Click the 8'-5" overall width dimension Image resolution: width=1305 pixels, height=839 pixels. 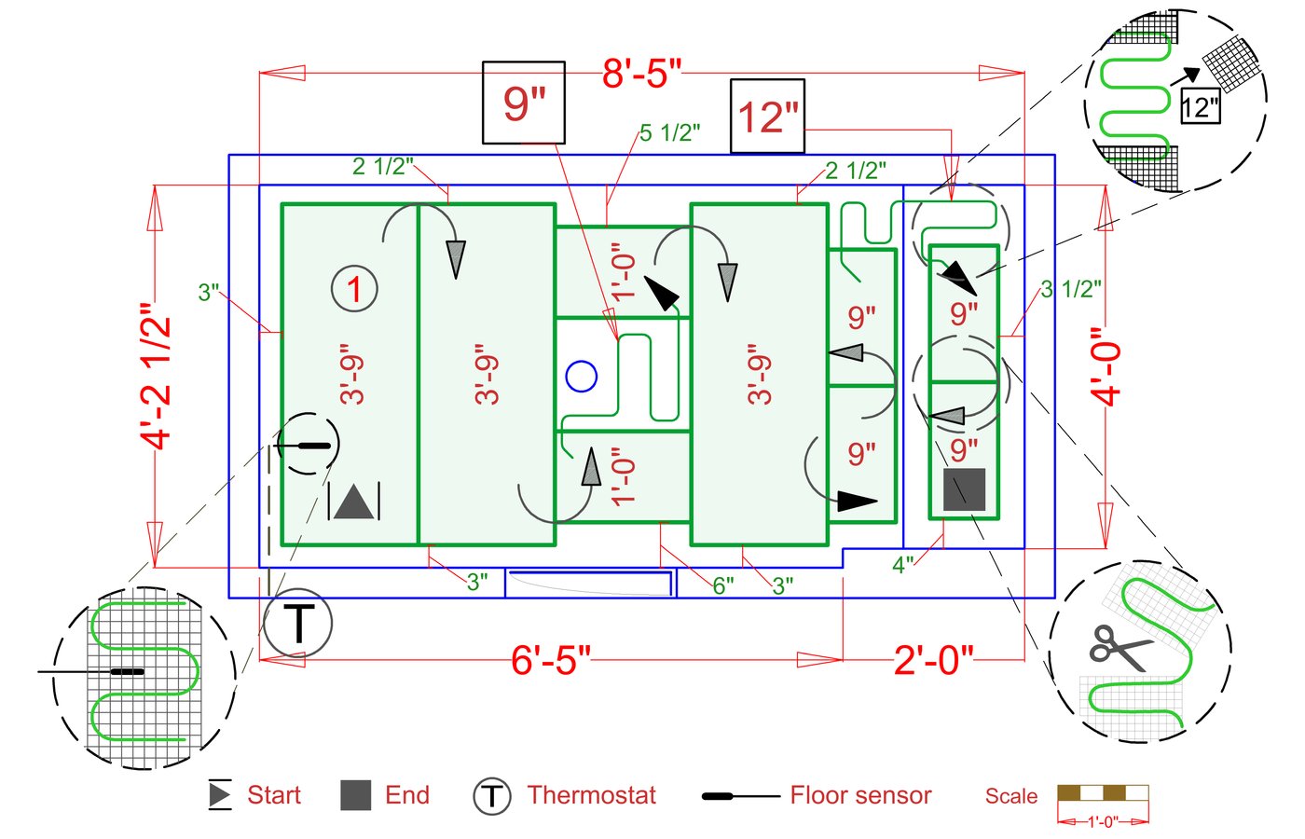(642, 73)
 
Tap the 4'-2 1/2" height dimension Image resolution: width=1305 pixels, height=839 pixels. (158, 375)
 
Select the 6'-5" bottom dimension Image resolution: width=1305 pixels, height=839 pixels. (551, 660)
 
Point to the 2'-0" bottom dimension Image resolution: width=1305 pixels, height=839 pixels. (933, 660)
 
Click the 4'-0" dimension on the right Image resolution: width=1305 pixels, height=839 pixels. (1106, 365)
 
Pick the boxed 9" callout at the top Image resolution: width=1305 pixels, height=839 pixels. (524, 103)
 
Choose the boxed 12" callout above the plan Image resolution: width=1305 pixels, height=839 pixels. (768, 117)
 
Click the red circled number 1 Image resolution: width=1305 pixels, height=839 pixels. (354, 289)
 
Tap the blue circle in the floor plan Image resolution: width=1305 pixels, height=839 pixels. (582, 377)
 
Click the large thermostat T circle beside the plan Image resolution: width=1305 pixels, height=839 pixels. (298, 623)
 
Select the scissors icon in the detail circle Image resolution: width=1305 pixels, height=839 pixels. (1119, 646)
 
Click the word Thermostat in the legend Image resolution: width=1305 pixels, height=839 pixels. (591, 795)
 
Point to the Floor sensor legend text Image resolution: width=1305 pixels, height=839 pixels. (860, 795)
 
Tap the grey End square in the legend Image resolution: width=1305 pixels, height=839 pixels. (356, 795)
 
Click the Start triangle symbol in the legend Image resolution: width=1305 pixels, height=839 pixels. (220, 794)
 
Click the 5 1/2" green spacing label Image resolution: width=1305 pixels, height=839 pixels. (669, 133)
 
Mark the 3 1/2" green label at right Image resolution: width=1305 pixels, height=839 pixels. (1071, 289)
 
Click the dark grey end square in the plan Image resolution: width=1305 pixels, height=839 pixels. (964, 489)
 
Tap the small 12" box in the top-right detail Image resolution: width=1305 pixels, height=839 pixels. (1200, 107)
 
